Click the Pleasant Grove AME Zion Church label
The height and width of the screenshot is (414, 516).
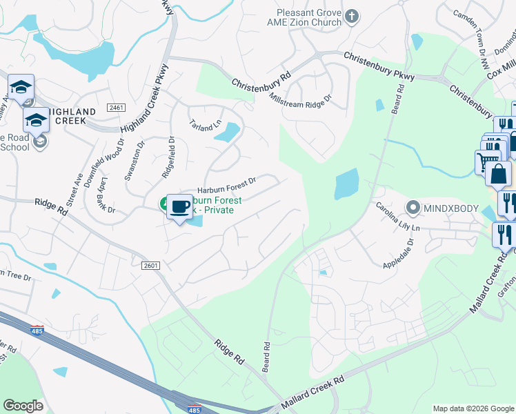(x=309, y=17)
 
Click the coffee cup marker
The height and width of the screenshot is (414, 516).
(x=179, y=206)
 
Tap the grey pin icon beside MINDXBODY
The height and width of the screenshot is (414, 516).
(x=413, y=207)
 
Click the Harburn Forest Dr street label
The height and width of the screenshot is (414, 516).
(x=226, y=185)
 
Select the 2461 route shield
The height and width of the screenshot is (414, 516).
(x=116, y=108)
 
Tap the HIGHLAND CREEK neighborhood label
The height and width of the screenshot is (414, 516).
(x=68, y=116)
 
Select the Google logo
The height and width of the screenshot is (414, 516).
(x=23, y=406)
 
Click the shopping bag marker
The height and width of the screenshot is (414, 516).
(x=498, y=174)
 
